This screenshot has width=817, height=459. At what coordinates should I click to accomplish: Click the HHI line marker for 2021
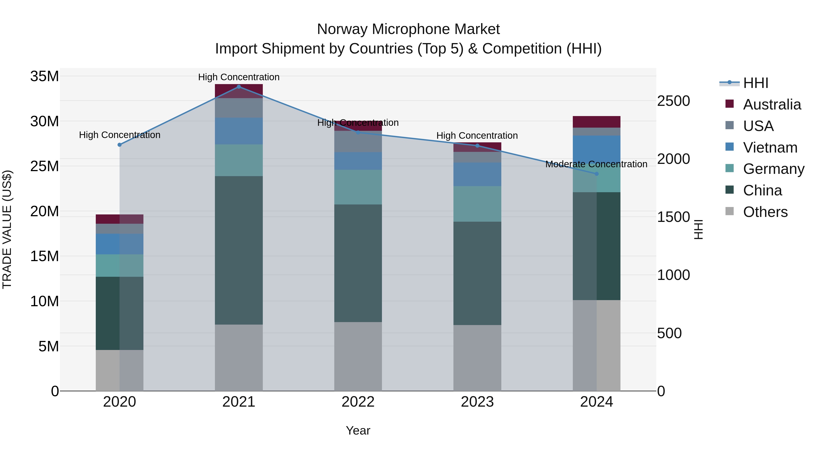[239, 87]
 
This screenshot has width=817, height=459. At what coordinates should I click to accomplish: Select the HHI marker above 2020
[120, 145]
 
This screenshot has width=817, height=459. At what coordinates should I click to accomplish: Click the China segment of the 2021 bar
[239, 250]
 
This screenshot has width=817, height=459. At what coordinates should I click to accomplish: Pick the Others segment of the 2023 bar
[477, 358]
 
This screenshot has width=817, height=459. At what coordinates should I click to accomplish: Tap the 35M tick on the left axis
[44, 76]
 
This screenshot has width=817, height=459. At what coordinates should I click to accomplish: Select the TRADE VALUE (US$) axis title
[7, 229]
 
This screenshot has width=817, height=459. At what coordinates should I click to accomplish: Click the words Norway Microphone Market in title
[408, 29]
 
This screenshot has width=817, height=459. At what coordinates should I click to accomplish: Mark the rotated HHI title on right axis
[698, 229]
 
